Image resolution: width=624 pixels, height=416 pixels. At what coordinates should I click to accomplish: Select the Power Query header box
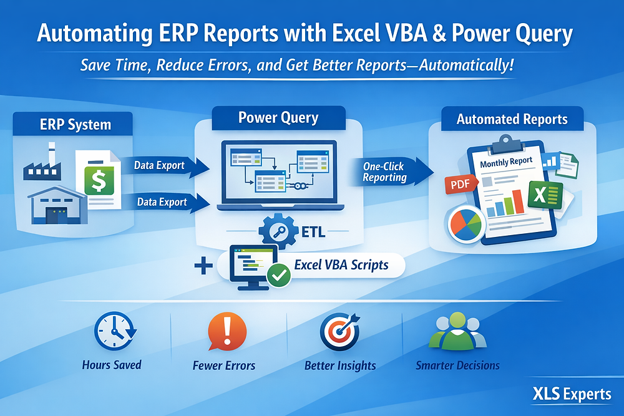(x=278, y=117)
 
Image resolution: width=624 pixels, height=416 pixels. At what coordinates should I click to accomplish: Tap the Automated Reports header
(x=512, y=119)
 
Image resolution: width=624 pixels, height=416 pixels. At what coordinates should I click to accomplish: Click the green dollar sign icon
(x=99, y=181)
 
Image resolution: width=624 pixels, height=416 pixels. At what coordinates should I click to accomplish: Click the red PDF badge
(x=460, y=183)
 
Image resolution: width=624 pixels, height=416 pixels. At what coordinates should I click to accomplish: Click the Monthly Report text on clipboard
(x=507, y=162)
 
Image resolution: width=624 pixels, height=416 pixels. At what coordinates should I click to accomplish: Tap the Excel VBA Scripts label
(x=341, y=264)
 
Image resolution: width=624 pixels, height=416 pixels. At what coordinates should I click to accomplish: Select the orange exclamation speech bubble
(x=223, y=331)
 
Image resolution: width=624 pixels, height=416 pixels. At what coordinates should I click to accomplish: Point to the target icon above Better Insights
(x=339, y=331)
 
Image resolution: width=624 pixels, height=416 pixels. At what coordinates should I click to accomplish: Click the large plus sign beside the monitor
(x=202, y=267)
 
